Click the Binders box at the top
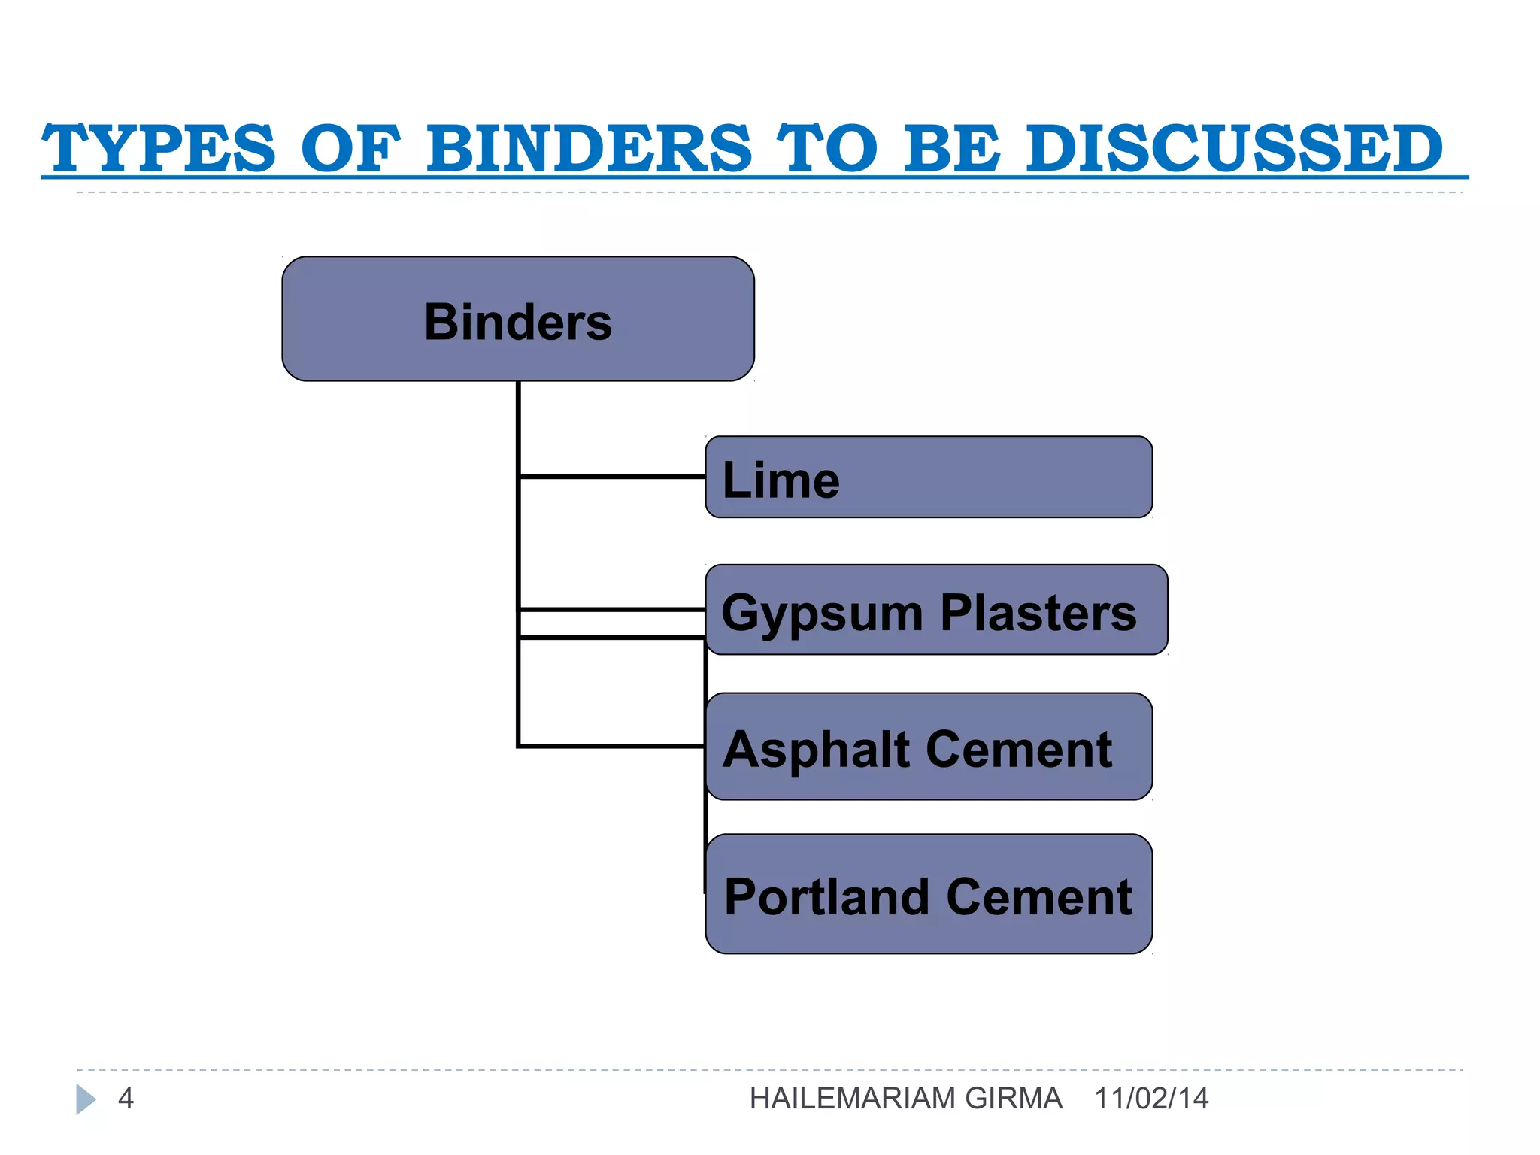(517, 319)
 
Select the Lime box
(929, 477)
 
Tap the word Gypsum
(821, 613)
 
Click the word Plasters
(1038, 612)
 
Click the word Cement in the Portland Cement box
(1039, 897)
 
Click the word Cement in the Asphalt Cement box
(1019, 750)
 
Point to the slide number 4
(126, 1099)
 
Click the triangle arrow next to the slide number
(85, 1099)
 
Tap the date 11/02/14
(1151, 1099)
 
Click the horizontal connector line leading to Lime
(612, 477)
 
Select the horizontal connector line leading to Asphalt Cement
(612, 746)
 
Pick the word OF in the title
(350, 148)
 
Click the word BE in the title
(952, 148)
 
